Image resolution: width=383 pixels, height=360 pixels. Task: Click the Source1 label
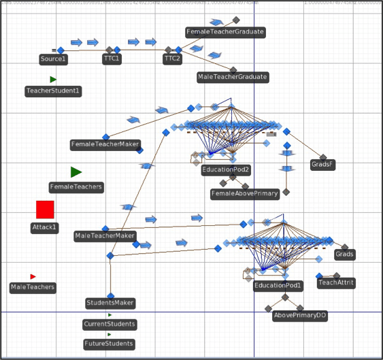pyautogui.click(x=54, y=59)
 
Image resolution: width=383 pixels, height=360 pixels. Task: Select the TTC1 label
pyautogui.click(x=112, y=59)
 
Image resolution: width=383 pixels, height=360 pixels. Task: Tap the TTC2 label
pyautogui.click(x=172, y=59)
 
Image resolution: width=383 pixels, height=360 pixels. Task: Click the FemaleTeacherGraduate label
pyautogui.click(x=225, y=32)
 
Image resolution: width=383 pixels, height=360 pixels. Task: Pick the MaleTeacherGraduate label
pyautogui.click(x=233, y=77)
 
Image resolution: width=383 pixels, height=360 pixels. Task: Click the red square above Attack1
pyautogui.click(x=45, y=210)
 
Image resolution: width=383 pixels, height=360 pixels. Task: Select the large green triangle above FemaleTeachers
pyautogui.click(x=76, y=172)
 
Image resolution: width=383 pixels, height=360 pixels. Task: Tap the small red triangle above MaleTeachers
pyautogui.click(x=33, y=276)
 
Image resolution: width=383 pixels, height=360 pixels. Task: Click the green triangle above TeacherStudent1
pyautogui.click(x=53, y=80)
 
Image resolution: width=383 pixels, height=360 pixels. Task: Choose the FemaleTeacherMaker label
pyautogui.click(x=105, y=144)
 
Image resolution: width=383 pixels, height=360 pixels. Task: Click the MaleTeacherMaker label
pyautogui.click(x=105, y=236)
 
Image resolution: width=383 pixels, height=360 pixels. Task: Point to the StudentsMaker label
pyautogui.click(x=110, y=303)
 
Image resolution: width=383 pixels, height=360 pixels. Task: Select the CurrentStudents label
pyautogui.click(x=110, y=324)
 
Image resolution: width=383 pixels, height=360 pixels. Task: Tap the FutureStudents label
pyautogui.click(x=110, y=344)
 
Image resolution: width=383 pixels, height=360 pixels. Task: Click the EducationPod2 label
pyautogui.click(x=227, y=169)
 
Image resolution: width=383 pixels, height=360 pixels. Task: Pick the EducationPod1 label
pyautogui.click(x=278, y=286)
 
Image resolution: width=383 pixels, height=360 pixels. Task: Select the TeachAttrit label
pyautogui.click(x=336, y=282)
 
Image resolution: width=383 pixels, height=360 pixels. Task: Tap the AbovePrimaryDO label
pyautogui.click(x=300, y=316)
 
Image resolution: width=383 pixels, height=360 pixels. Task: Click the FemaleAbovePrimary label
pyautogui.click(x=245, y=193)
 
